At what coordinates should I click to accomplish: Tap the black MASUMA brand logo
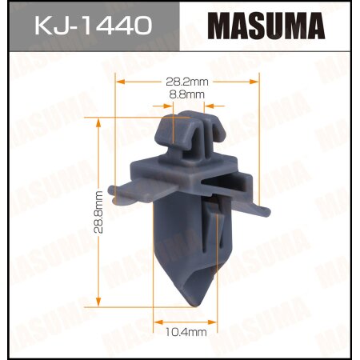[x=268, y=27]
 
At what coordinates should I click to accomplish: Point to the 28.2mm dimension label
[x=188, y=81]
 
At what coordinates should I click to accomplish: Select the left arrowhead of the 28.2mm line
[x=119, y=81]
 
